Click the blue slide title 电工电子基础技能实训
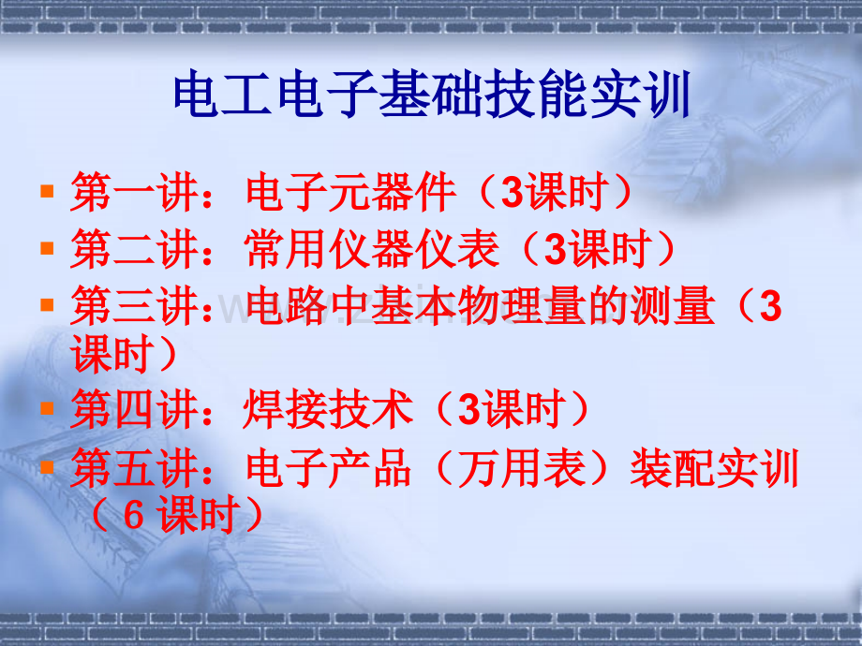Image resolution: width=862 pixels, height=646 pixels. (x=432, y=94)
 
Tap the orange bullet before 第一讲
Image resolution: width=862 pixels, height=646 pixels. (x=47, y=191)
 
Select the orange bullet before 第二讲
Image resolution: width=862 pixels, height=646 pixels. (x=47, y=248)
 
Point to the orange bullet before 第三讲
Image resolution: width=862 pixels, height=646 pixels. (x=47, y=305)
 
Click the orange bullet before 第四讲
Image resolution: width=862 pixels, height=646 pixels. (x=47, y=408)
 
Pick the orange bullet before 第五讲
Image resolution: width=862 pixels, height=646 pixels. (x=47, y=467)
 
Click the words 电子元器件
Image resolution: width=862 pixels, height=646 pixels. (x=350, y=192)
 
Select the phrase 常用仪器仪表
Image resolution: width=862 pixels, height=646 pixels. (x=372, y=249)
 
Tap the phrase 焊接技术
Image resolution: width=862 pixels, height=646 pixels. (x=328, y=409)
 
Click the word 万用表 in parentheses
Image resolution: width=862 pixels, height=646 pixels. (x=521, y=467)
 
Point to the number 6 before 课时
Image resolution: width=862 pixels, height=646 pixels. (x=134, y=515)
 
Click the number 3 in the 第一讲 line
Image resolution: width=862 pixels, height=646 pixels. (x=512, y=192)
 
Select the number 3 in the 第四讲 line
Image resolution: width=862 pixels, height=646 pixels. (x=468, y=409)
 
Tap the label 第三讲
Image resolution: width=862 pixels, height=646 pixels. (x=134, y=305)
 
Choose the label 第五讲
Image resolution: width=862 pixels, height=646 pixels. (x=134, y=467)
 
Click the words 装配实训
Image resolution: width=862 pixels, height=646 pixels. (x=714, y=467)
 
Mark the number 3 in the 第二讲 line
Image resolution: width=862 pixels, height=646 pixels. (x=555, y=249)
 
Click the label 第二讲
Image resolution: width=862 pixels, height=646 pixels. (x=134, y=249)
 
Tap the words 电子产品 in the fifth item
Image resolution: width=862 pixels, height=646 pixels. (x=329, y=467)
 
